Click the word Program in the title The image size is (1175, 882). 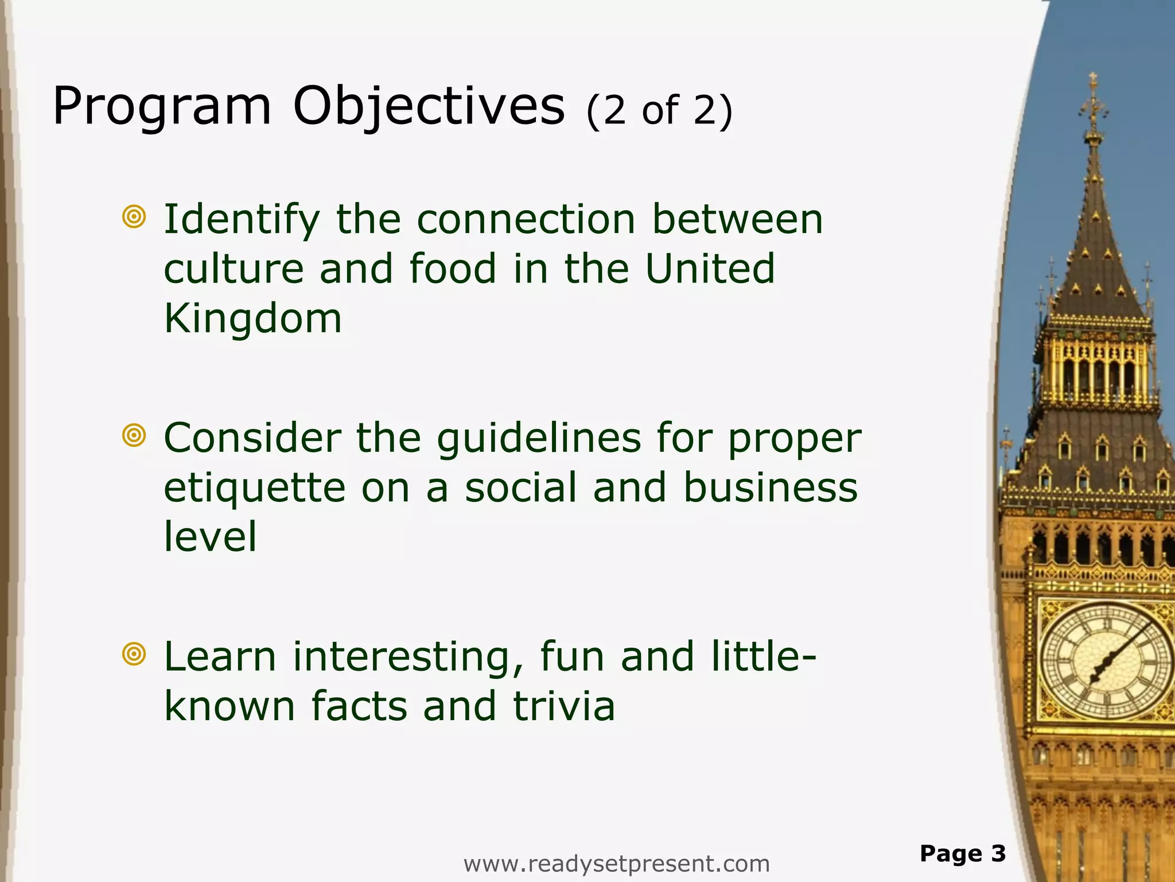coord(161,107)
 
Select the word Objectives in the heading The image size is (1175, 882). coord(429,107)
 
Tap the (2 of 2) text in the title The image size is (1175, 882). coord(659,110)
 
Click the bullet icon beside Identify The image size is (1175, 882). coord(134,217)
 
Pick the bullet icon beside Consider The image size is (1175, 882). coord(134,436)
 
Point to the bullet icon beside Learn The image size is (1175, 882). coord(134,654)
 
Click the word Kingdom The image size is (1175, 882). coord(253,319)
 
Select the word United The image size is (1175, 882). coord(710,269)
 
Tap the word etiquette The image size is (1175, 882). coord(254,488)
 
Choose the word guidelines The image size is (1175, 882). coord(538,438)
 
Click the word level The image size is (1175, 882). coord(210,536)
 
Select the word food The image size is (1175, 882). coord(453,269)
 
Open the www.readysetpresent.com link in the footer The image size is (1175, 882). coord(616,864)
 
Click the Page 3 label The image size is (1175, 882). coord(962,854)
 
